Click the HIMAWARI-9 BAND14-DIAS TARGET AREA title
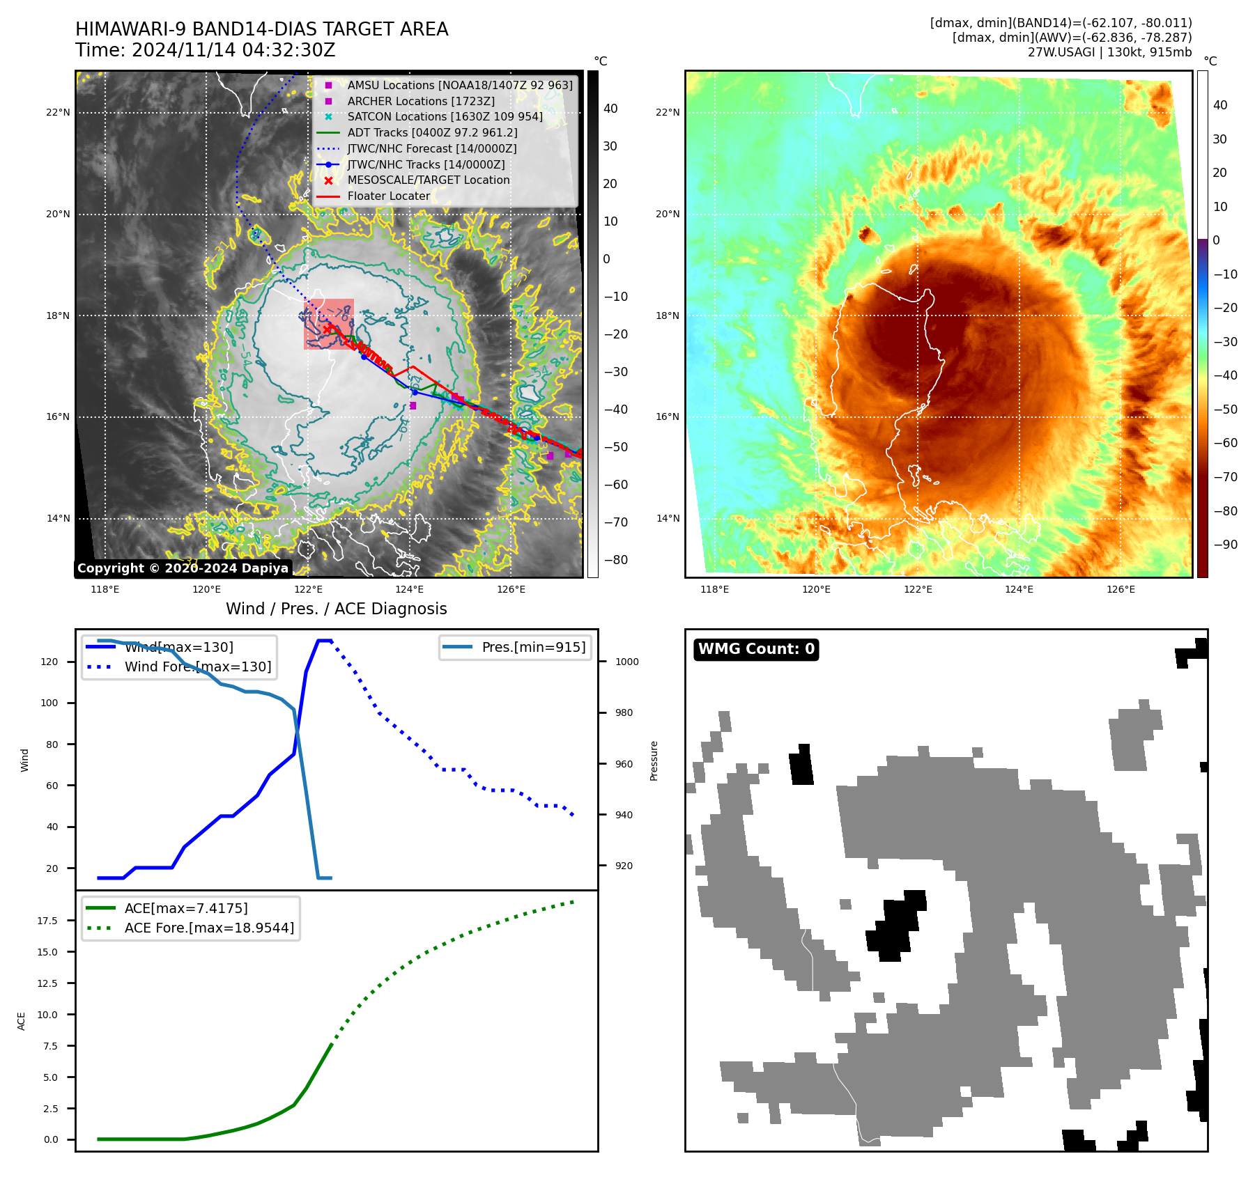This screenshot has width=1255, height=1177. [x=261, y=29]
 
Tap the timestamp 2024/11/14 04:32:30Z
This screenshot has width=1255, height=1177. [x=233, y=50]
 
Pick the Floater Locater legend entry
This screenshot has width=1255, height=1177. [x=388, y=196]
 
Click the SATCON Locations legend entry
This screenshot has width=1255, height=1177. [x=445, y=116]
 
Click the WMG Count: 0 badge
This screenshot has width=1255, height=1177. [x=756, y=649]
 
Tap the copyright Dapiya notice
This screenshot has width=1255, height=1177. [x=183, y=568]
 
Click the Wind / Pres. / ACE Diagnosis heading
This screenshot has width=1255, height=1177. [x=336, y=609]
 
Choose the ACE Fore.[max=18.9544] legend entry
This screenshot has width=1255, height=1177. [x=209, y=928]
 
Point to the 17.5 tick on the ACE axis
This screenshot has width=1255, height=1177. [x=47, y=921]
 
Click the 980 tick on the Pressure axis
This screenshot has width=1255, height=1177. [x=624, y=712]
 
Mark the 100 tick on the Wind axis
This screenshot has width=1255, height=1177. [x=49, y=703]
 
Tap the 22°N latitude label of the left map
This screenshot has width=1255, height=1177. [x=58, y=112]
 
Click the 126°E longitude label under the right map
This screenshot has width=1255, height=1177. [x=1121, y=589]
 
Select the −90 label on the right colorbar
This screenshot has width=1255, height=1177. [x=1226, y=545]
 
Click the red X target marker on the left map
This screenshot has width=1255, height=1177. [x=328, y=328]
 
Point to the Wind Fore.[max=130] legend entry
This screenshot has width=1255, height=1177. [x=197, y=667]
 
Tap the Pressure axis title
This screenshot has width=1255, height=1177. [x=654, y=761]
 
